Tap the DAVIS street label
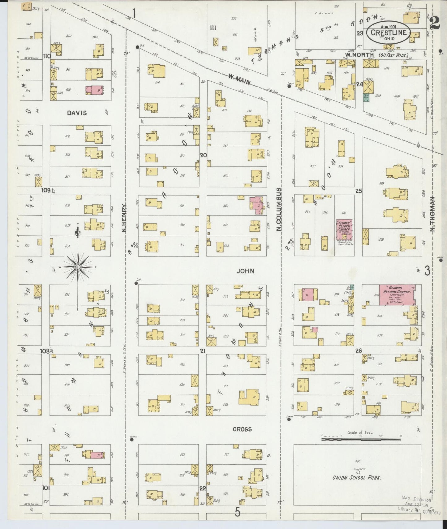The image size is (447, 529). click(77, 113)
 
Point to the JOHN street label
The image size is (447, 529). click(245, 271)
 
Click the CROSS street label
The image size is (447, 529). click(242, 429)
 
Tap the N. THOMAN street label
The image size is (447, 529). click(432, 214)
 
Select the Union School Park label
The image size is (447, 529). click(357, 486)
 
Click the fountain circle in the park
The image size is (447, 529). click(358, 472)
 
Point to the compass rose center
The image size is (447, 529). click(78, 267)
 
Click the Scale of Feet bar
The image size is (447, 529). click(361, 439)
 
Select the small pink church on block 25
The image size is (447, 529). click(344, 230)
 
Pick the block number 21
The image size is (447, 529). click(203, 351)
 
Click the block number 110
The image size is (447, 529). click(47, 56)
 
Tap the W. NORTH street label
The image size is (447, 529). click(359, 55)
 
